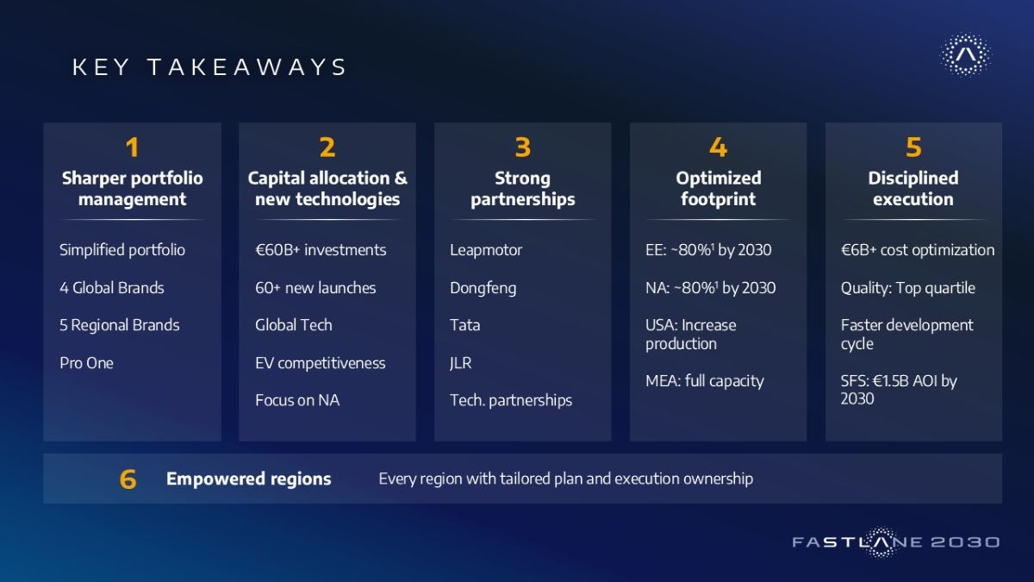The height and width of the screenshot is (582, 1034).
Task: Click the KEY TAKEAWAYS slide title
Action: (x=209, y=67)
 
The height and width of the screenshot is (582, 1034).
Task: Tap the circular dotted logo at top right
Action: (x=965, y=54)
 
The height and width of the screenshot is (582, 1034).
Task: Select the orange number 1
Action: (x=132, y=147)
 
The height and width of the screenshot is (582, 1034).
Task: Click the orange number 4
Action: (x=718, y=147)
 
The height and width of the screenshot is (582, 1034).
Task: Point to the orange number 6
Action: (x=128, y=479)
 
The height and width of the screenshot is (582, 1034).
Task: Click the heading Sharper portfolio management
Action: (x=133, y=189)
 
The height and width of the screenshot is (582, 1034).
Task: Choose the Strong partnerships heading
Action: (x=522, y=189)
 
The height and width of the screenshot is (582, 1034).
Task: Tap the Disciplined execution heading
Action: (x=913, y=189)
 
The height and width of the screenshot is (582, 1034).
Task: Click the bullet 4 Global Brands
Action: (x=112, y=288)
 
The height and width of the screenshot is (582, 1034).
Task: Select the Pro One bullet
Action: (x=86, y=363)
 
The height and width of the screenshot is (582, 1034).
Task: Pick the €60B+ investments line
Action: (x=321, y=250)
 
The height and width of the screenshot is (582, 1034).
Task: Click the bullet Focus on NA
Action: (x=297, y=400)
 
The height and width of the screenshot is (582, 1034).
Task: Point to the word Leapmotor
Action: (x=486, y=250)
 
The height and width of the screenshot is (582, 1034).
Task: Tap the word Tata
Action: (x=464, y=325)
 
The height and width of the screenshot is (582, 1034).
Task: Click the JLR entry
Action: (x=461, y=363)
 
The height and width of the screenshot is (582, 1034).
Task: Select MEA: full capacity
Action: (x=705, y=381)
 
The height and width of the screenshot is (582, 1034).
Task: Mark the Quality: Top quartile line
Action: (x=908, y=288)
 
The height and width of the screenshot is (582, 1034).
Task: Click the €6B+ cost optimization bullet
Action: (x=918, y=250)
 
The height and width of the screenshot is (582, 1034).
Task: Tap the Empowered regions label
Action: (x=249, y=479)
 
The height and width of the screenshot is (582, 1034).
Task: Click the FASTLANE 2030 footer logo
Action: (x=896, y=541)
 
